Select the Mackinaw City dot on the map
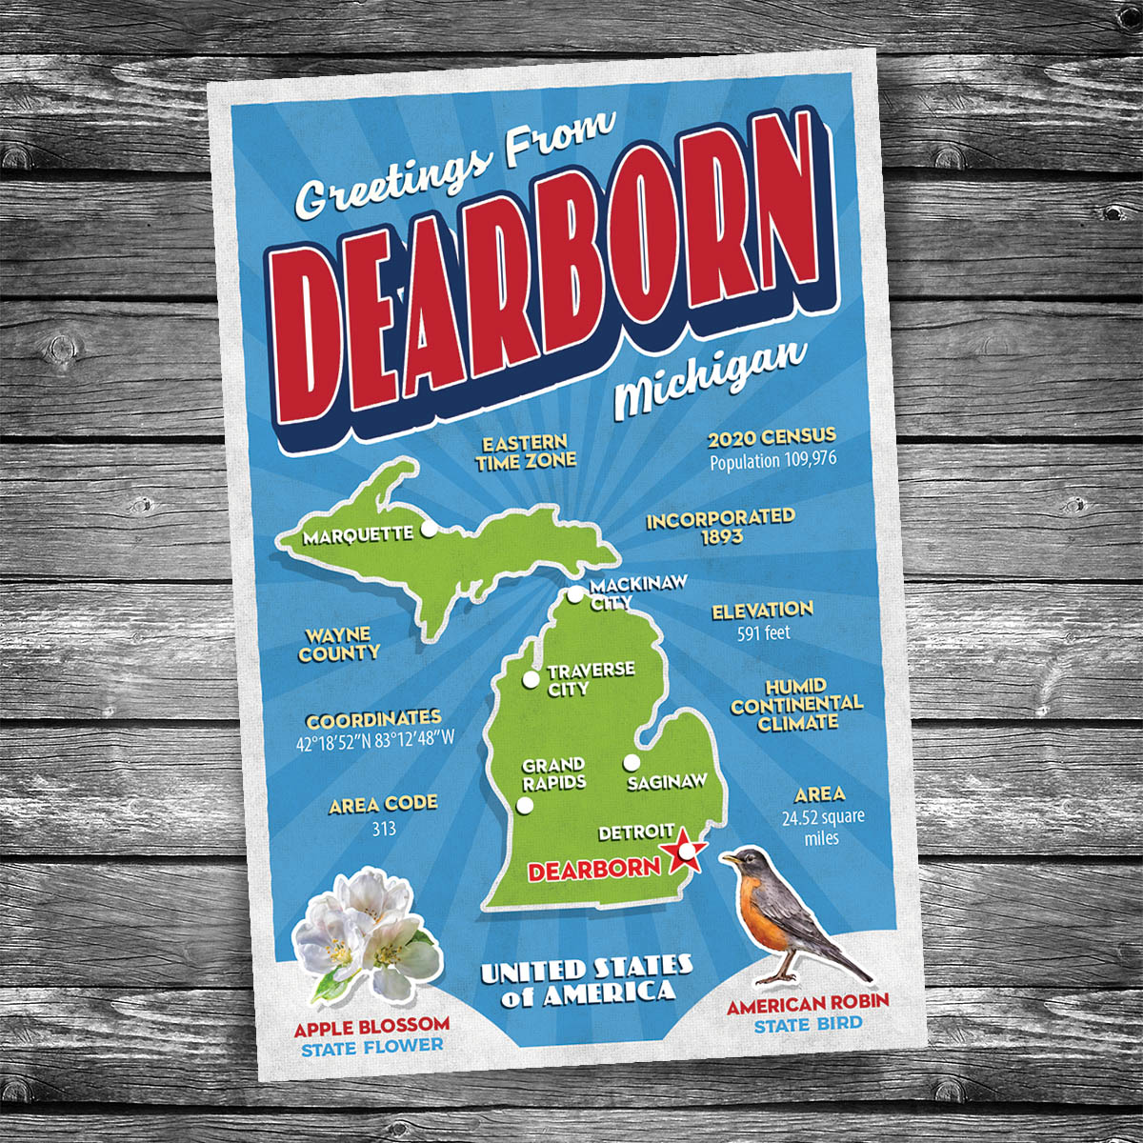(x=574, y=595)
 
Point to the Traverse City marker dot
(x=531, y=679)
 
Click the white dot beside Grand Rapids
(x=524, y=807)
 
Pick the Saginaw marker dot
(x=631, y=762)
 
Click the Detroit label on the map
(x=636, y=832)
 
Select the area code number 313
(x=384, y=829)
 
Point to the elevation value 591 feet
(x=763, y=632)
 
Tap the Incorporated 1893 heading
(x=720, y=526)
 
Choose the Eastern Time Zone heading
(x=526, y=451)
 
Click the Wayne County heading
(x=339, y=644)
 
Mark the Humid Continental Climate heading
(x=796, y=704)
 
